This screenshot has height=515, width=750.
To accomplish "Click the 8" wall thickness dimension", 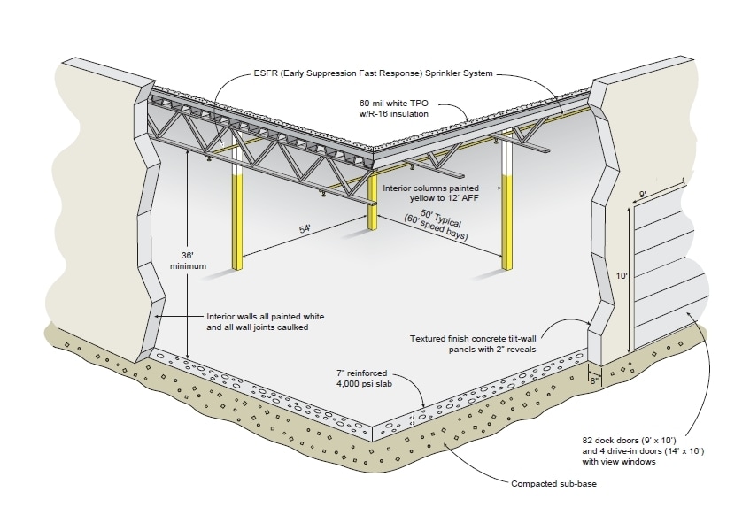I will [592, 375].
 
